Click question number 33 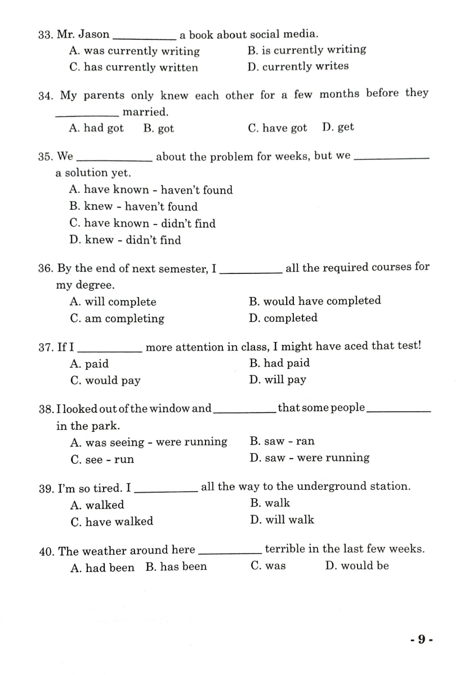pos(45,35)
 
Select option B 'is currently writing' pos(307,49)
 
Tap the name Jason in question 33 pos(93,34)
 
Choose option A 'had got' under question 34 pos(96,128)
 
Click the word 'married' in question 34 pos(145,112)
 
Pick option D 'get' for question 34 pos(338,127)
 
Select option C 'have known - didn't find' pos(142,223)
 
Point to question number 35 pos(46,156)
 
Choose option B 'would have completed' pos(315,301)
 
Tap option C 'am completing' pos(117,319)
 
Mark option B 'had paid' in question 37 pos(279,363)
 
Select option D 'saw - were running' pos(310,458)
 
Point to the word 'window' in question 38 pos(174,408)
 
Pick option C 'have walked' pos(111,521)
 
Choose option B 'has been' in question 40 pos(176,567)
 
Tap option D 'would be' pos(357,566)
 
